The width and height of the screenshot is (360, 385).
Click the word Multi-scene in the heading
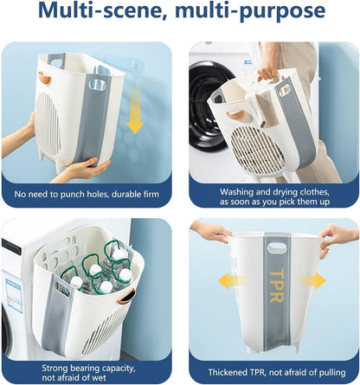click(103, 10)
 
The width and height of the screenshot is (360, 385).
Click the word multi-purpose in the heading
click(250, 11)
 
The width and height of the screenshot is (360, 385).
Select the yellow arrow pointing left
click(233, 281)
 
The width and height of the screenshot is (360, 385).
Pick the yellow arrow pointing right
click(312, 281)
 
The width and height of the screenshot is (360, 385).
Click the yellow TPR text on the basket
click(277, 286)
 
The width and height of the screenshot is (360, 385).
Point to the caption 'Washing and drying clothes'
click(274, 192)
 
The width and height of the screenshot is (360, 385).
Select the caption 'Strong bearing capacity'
click(88, 369)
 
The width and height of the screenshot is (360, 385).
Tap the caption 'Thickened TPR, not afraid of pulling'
click(277, 372)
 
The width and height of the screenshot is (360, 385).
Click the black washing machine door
click(206, 106)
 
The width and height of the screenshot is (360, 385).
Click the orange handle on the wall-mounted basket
click(45, 78)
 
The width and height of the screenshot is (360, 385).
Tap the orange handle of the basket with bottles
click(126, 297)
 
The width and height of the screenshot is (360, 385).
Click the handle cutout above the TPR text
click(277, 248)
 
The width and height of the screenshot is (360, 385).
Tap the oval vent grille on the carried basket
click(258, 151)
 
